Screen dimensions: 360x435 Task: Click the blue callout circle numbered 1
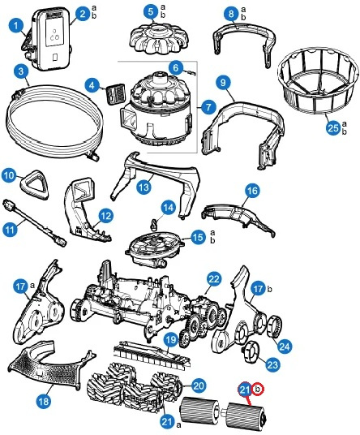point(16,26)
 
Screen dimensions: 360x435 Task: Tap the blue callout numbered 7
point(208,107)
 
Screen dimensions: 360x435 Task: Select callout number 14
point(169,208)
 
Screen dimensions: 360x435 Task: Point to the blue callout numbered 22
point(214,279)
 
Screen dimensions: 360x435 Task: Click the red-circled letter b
point(258,390)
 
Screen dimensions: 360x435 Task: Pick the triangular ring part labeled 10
point(33,184)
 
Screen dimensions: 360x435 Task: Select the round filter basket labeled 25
point(316,81)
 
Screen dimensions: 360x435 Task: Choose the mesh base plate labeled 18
point(50,366)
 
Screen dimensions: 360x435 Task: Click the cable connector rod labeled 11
point(34,222)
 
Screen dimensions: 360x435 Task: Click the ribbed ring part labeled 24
point(274,326)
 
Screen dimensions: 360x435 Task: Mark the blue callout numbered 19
point(171,340)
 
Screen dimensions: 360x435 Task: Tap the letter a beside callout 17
point(32,285)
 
